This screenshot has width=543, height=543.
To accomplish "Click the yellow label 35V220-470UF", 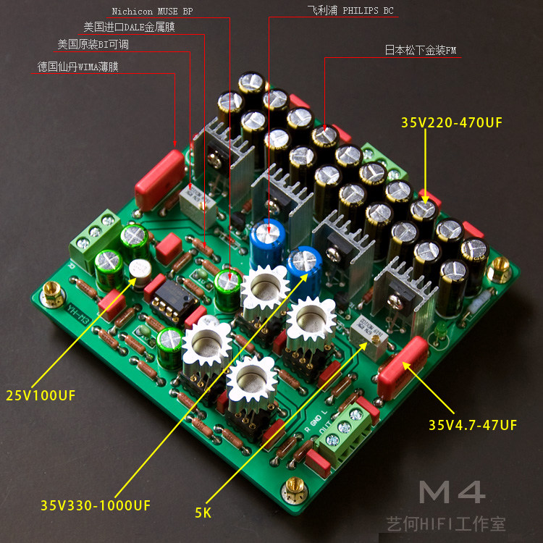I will point(451,123).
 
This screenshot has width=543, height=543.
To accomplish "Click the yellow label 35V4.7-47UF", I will point(472,425).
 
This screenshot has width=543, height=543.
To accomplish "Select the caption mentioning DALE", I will point(129,28).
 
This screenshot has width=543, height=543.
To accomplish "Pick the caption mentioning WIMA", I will point(78,67).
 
